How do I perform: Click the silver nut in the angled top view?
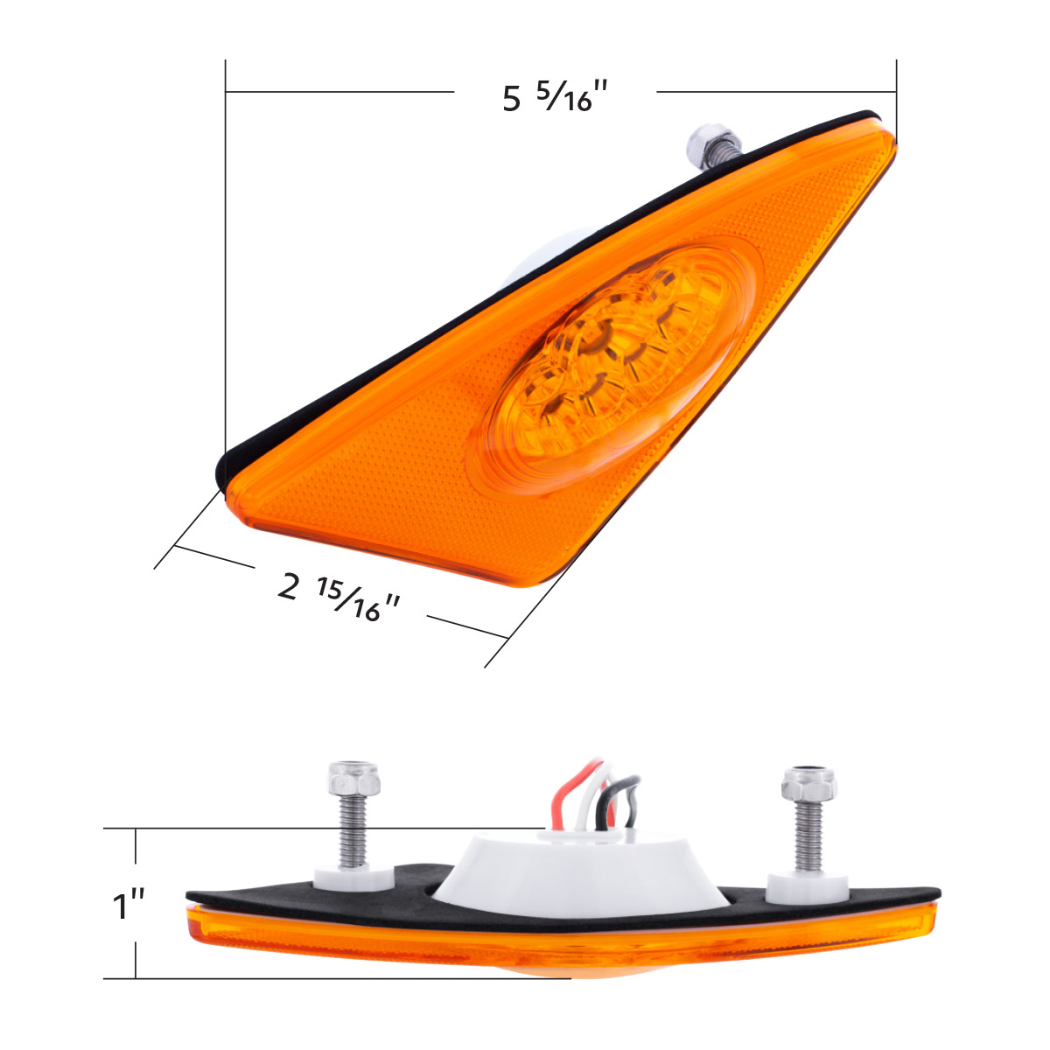(703, 138)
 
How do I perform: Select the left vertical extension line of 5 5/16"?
(226, 262)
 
